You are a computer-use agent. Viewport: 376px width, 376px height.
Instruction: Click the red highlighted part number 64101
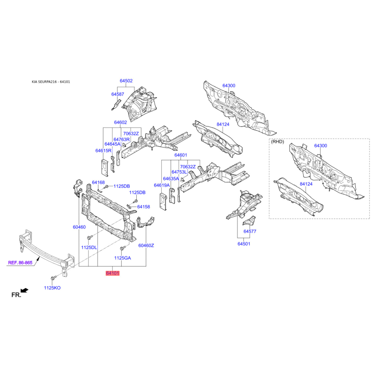tap(112, 273)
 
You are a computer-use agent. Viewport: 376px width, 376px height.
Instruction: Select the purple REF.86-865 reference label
tap(20, 263)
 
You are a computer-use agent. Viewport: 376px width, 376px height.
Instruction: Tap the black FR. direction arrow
tap(24, 290)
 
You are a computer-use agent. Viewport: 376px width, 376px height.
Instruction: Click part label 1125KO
tap(52, 288)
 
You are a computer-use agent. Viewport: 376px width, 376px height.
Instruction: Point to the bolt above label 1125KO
tap(53, 278)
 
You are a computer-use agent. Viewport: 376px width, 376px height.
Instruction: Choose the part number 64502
tap(126, 81)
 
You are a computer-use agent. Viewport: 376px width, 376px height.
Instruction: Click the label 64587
tap(117, 94)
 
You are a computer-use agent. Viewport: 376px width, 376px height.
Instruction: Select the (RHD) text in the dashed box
tap(277, 142)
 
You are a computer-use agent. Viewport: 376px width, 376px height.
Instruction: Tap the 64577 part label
tap(250, 231)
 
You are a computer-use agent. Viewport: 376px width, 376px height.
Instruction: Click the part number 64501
tap(244, 244)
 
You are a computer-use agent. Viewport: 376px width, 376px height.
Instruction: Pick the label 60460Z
tap(146, 245)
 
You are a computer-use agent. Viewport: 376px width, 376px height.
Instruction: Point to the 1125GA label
tap(123, 258)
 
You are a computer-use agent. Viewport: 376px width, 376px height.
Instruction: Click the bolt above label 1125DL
tap(90, 237)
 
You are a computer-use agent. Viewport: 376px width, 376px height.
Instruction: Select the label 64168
tap(98, 182)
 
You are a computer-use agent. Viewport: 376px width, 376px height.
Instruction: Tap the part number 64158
tap(143, 207)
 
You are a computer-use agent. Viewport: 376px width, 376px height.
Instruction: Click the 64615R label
tap(103, 150)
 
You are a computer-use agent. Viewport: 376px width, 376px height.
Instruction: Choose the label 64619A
tap(162, 185)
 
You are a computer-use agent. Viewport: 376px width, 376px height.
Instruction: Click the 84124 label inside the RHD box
tap(306, 184)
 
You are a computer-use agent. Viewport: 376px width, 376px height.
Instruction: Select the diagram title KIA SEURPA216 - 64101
tap(51, 82)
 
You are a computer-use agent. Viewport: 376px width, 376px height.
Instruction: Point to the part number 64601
tap(180, 155)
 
